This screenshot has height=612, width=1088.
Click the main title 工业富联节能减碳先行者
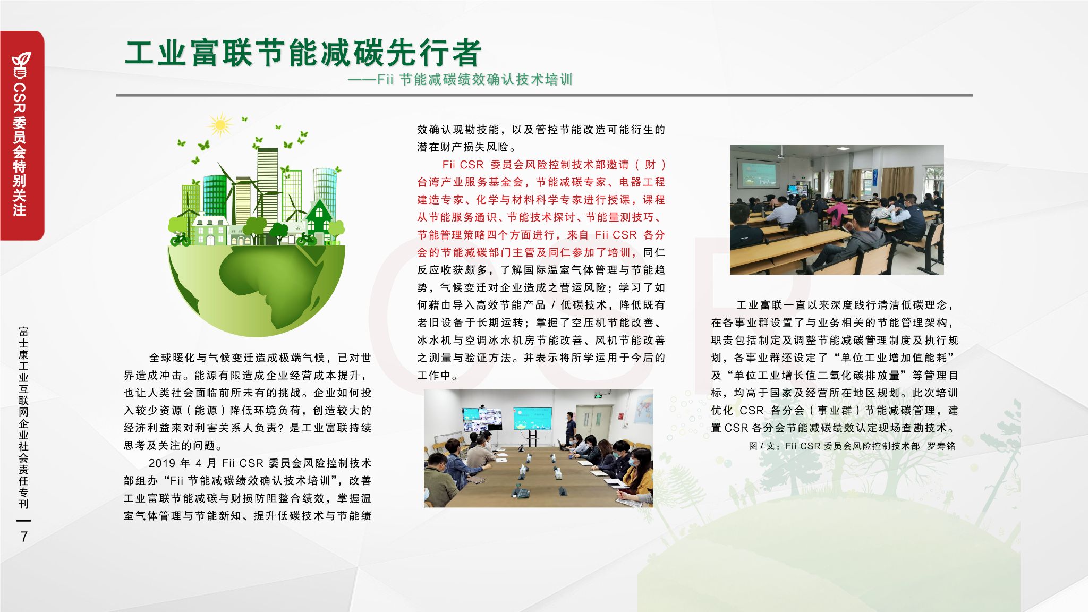pyautogui.click(x=303, y=53)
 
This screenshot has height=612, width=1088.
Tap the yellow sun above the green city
pyautogui.click(x=219, y=125)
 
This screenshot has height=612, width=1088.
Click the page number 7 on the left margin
pyautogui.click(x=23, y=537)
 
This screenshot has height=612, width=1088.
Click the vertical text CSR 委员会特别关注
pyautogui.click(x=20, y=149)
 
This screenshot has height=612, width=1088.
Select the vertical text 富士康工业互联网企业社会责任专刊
pyautogui.click(x=23, y=417)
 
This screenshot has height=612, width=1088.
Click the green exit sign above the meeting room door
pyautogui.click(x=599, y=396)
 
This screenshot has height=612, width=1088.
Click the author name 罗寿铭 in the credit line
pyautogui.click(x=941, y=446)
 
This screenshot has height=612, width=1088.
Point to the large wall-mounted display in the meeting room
pyautogui.click(x=532, y=418)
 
